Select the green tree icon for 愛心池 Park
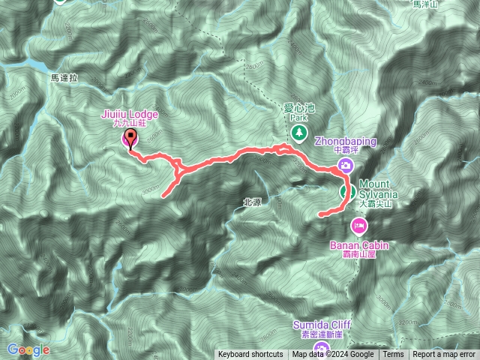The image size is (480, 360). click(299, 132)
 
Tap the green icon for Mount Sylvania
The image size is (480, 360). click(347, 190)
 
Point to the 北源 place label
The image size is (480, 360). click(252, 202)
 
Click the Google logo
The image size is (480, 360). click(28, 349)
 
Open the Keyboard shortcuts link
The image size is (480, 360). click(250, 355)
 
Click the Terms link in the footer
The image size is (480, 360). click(393, 355)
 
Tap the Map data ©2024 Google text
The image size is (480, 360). click(333, 355)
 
